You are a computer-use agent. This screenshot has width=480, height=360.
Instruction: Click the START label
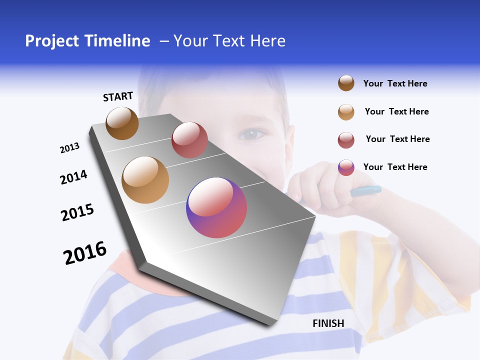click(x=118, y=96)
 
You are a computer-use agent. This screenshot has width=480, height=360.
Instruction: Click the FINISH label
click(x=328, y=323)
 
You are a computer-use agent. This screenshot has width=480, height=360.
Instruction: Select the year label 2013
click(x=69, y=148)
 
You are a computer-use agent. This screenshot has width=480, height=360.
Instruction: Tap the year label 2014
click(x=73, y=177)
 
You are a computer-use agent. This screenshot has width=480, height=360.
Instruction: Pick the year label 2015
click(x=77, y=212)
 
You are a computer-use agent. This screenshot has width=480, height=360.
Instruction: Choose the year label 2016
click(x=85, y=253)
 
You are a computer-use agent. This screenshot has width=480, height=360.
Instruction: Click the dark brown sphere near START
click(x=122, y=123)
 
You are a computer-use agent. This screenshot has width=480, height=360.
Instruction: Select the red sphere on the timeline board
click(x=189, y=140)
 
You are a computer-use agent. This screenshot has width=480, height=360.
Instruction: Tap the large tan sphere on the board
click(x=145, y=180)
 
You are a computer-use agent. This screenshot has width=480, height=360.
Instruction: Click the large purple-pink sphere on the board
click(x=216, y=207)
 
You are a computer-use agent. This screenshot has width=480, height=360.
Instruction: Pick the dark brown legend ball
click(x=346, y=83)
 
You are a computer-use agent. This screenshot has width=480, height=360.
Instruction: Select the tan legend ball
click(x=346, y=112)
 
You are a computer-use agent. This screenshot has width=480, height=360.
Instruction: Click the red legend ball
click(x=346, y=140)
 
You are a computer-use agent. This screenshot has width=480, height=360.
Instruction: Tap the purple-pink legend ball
click(x=346, y=167)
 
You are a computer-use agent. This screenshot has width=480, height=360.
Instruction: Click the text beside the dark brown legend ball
click(x=395, y=83)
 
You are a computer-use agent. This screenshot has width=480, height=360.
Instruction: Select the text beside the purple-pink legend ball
click(x=395, y=167)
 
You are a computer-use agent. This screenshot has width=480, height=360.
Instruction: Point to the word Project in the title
click(x=51, y=41)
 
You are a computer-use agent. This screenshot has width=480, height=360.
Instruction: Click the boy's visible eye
click(x=253, y=133)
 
